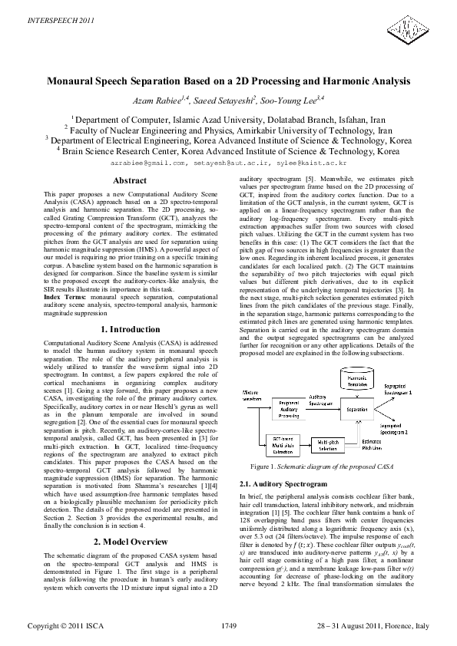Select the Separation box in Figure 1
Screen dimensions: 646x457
point(357,410)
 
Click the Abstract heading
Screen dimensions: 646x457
point(130,180)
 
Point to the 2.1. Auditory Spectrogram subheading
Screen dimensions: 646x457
point(273,485)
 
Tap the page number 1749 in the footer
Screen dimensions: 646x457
point(228,628)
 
